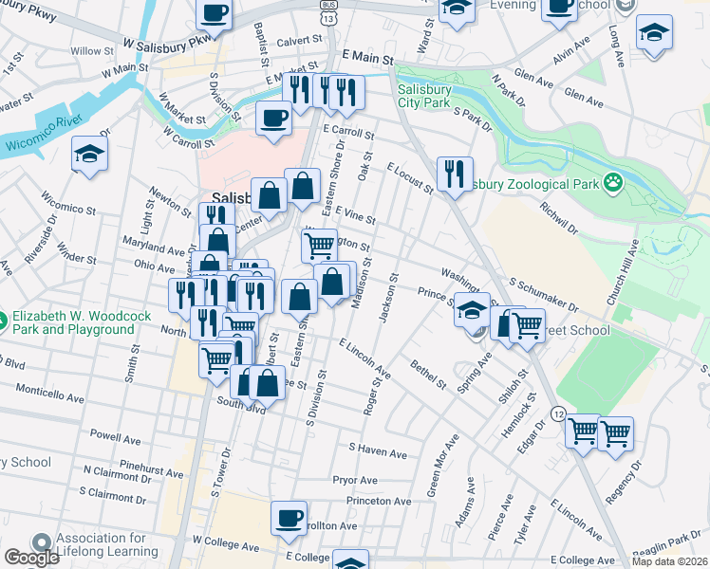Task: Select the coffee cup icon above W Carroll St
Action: pyautogui.click(x=273, y=119)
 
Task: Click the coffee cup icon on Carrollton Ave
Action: pyautogui.click(x=289, y=518)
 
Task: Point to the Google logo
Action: pyautogui.click(x=30, y=558)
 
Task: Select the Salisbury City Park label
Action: pyautogui.click(x=424, y=96)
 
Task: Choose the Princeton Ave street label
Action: pyautogui.click(x=378, y=501)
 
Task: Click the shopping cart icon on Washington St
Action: pyautogui.click(x=320, y=245)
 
